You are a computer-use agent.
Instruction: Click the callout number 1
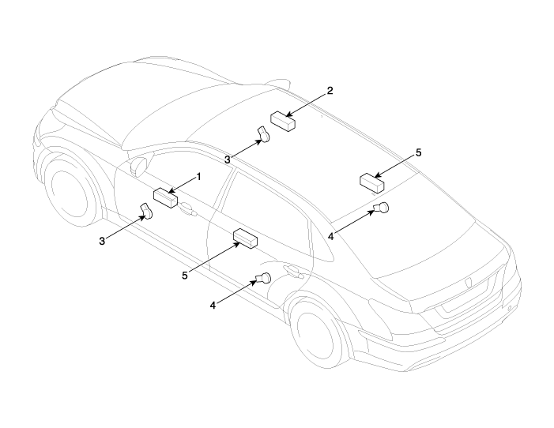(x=199, y=176)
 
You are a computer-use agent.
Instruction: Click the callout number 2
(x=330, y=90)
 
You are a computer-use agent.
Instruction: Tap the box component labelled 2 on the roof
(x=282, y=120)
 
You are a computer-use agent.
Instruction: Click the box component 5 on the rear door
(x=246, y=238)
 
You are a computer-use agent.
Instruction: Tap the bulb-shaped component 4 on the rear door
(x=262, y=277)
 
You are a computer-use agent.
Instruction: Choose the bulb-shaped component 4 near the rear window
(x=383, y=208)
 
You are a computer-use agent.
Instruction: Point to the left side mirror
(x=139, y=166)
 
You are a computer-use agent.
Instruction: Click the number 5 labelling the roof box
(x=419, y=152)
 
